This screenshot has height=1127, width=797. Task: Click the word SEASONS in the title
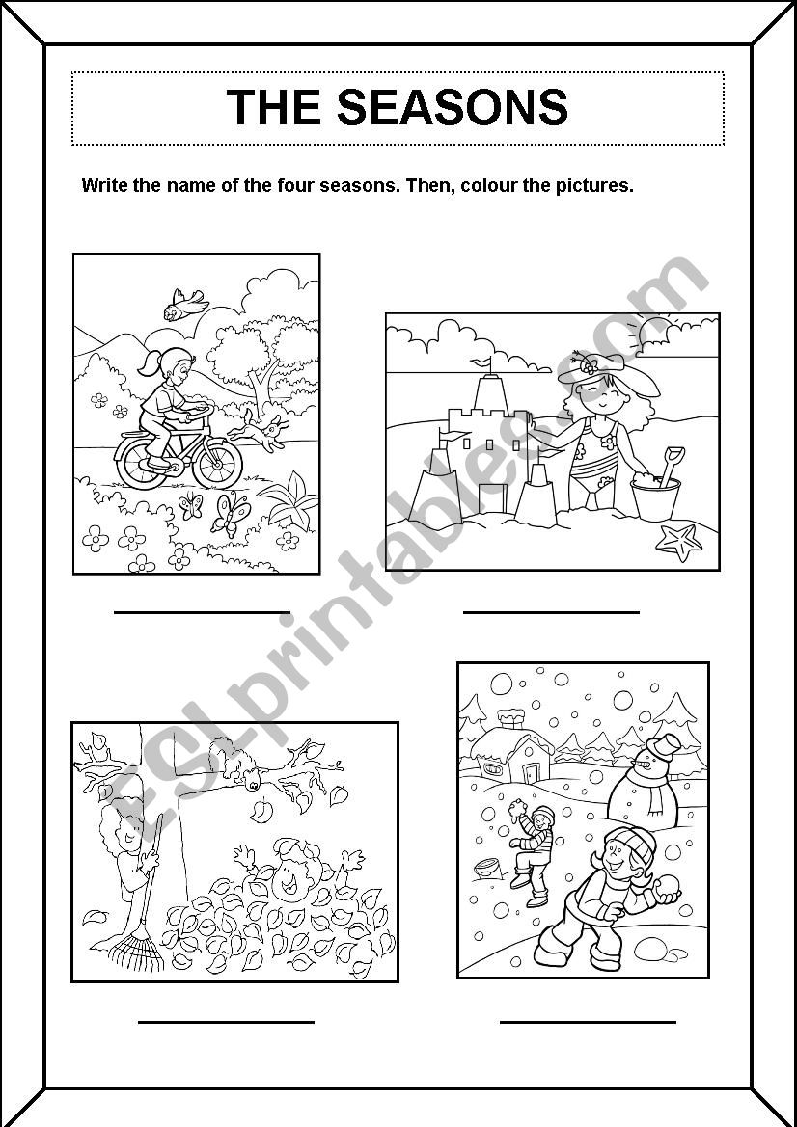coord(453,108)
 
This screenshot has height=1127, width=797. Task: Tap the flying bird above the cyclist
coord(184,304)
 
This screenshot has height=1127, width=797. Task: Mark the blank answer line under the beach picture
coord(552,612)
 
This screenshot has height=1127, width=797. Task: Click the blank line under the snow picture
coord(588,1021)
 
